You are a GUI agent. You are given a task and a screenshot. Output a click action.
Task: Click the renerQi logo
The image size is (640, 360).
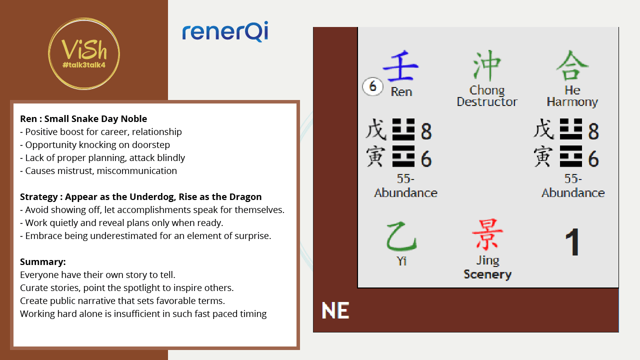pos(225,31)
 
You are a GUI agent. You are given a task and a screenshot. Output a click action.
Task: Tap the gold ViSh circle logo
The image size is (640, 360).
pos(84,53)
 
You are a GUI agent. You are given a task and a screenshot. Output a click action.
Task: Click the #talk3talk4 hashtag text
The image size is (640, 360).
pos(84,65)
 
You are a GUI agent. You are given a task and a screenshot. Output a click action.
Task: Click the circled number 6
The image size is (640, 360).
pos(372,86)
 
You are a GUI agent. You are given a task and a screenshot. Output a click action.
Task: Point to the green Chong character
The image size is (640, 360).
pos(487,65)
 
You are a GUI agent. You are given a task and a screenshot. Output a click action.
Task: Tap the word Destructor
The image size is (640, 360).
pos(487,102)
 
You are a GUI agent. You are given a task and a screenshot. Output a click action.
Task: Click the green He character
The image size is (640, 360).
pos(572,65)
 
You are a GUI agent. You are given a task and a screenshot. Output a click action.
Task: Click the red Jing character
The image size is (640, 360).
pos(487,234)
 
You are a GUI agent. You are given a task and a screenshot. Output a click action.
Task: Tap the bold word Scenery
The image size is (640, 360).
pos(487,274)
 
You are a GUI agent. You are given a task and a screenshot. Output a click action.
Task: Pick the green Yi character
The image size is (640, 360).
pos(401,236)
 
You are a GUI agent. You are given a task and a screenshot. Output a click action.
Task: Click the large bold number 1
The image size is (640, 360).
pos(572,241)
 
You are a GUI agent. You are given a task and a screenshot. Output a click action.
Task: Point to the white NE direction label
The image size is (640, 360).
pos(335,310)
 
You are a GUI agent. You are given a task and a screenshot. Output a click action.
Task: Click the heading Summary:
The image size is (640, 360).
pos(43,261)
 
